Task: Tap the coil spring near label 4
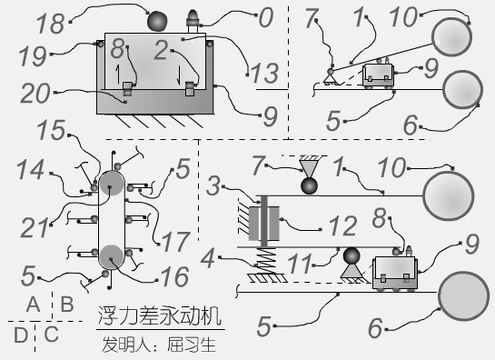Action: [264, 257]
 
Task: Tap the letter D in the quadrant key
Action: [20, 335]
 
